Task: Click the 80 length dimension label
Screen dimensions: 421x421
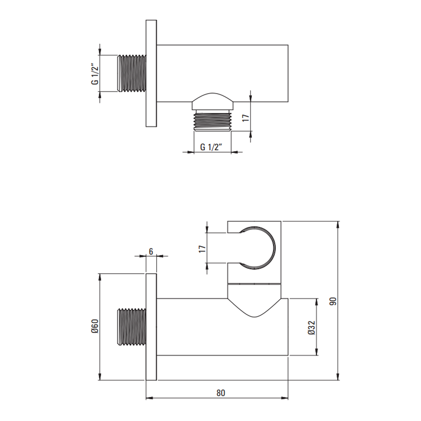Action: coord(221,393)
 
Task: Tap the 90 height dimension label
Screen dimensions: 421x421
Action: coord(333,301)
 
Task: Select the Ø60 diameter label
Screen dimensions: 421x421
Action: coord(95,326)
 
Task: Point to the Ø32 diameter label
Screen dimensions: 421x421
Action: coord(312,328)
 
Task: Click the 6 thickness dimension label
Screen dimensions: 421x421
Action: coord(151,252)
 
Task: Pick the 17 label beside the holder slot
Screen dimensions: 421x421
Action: coord(202,249)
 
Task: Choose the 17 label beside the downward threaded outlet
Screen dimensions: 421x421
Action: coord(246,117)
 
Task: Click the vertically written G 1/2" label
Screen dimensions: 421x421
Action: coord(95,74)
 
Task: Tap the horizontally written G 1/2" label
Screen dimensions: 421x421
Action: coord(212,147)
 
